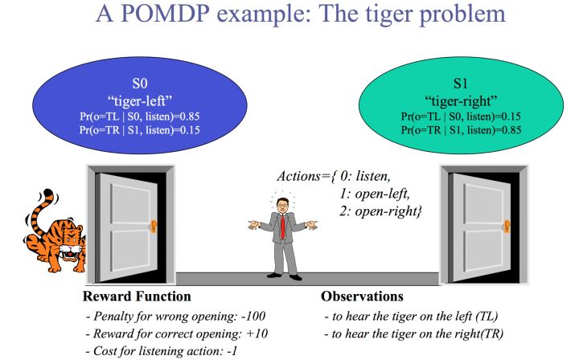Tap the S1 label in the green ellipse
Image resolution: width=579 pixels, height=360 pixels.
point(461,84)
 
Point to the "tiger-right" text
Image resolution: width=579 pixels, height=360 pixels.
point(460,100)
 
